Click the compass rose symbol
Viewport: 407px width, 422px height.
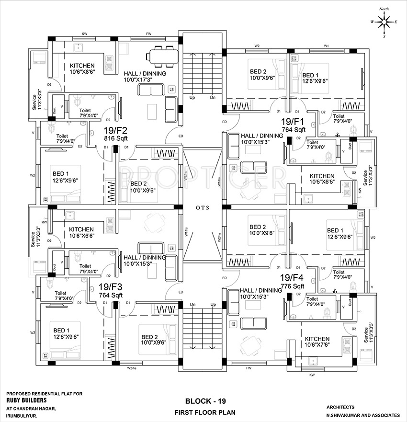point(384,22)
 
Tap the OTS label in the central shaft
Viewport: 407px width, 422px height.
point(202,208)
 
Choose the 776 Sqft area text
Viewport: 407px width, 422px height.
point(293,286)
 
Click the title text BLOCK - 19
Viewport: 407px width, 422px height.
point(203,400)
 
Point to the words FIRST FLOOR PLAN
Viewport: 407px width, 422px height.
point(204,412)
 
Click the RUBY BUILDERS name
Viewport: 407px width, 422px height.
point(26,400)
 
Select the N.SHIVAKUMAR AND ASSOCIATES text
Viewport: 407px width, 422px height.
point(362,414)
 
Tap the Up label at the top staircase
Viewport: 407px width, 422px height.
point(192,98)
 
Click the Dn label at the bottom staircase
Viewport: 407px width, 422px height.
point(192,305)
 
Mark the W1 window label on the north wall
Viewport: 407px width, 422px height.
point(326,46)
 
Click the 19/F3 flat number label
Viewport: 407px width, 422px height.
point(111,287)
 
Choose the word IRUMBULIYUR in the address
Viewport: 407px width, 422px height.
point(23,415)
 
